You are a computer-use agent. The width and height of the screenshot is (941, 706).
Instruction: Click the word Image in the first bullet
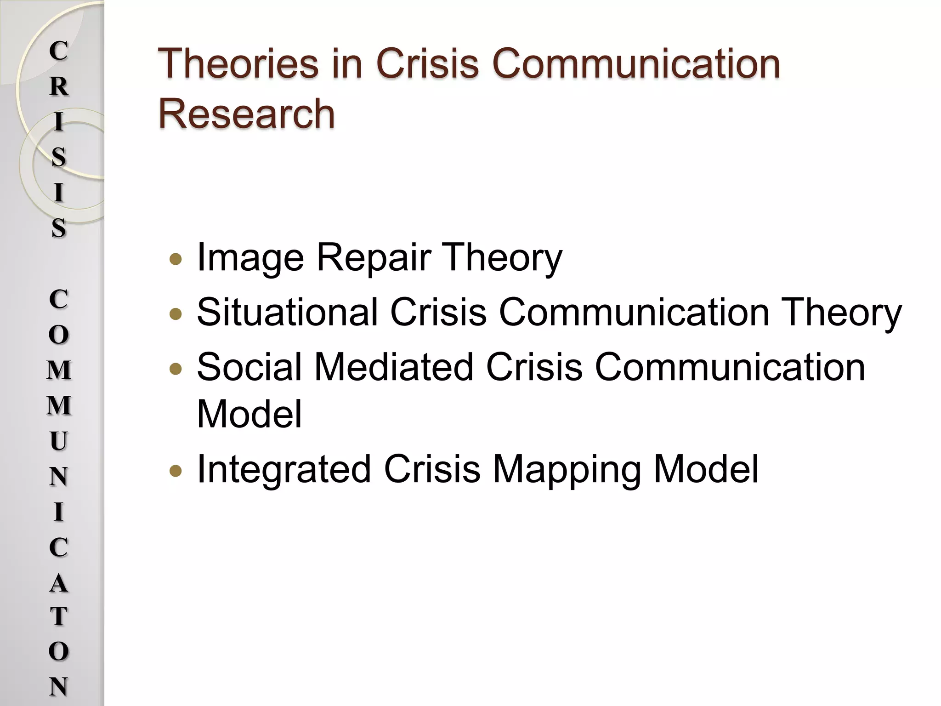click(x=250, y=258)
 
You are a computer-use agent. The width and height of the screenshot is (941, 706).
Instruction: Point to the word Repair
click(x=373, y=258)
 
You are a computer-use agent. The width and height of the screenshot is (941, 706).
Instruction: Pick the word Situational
click(x=287, y=312)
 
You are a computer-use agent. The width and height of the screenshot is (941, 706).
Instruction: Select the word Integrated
click(x=284, y=469)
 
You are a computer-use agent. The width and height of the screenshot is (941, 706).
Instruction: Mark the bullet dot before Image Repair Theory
click(x=176, y=260)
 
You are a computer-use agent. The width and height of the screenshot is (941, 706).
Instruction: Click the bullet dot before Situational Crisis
click(x=176, y=314)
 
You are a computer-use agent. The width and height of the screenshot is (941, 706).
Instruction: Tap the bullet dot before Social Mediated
click(x=176, y=369)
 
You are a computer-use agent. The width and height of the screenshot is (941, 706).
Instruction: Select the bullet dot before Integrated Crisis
click(x=176, y=471)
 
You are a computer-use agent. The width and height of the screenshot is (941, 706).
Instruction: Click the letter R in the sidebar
click(x=59, y=86)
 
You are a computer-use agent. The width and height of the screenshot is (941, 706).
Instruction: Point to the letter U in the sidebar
click(x=59, y=441)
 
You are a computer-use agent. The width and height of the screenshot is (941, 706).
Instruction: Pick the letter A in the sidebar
click(x=59, y=583)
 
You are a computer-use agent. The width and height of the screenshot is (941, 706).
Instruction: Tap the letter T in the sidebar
click(x=59, y=617)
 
